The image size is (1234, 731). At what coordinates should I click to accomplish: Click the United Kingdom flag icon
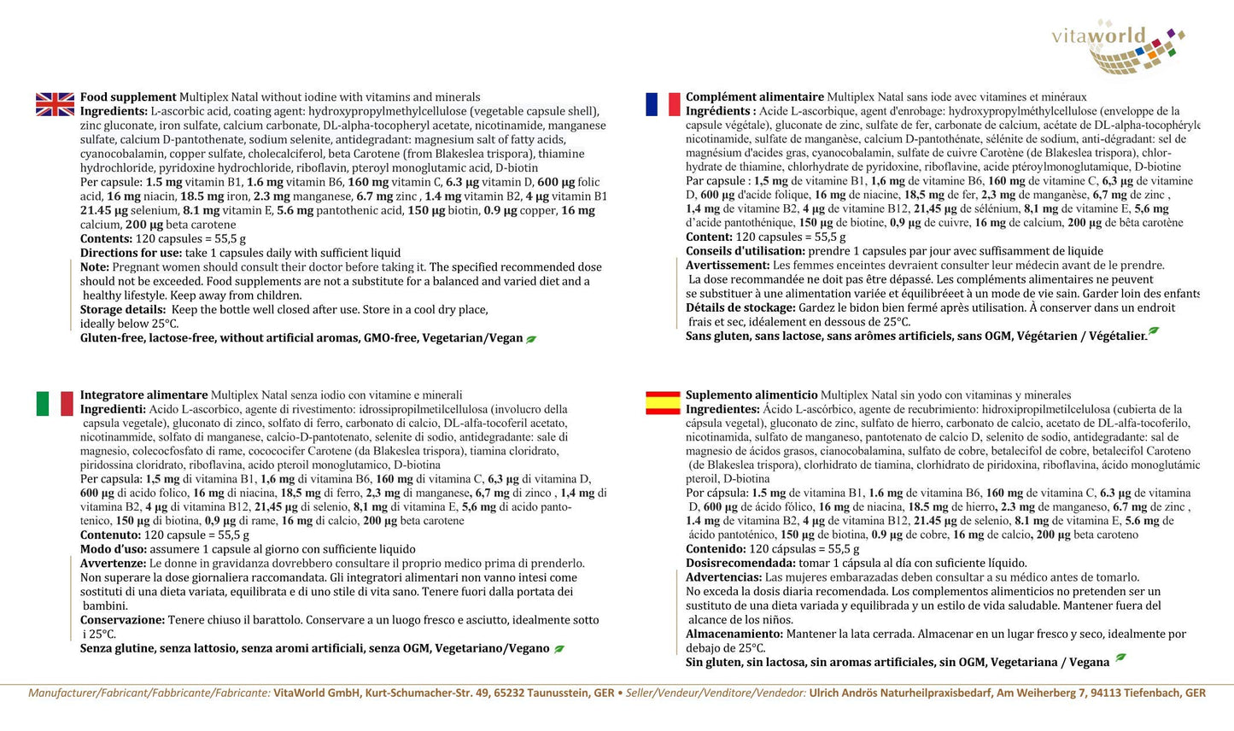coord(55,104)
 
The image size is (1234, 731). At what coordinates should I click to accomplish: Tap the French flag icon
coord(663,104)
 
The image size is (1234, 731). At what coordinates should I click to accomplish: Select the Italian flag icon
coord(55,403)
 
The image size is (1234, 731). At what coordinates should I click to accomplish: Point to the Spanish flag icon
coord(663,402)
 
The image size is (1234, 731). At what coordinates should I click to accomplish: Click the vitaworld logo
coord(1119,46)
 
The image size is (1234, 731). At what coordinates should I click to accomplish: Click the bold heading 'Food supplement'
coord(128,97)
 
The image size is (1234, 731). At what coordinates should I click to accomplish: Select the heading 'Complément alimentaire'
coord(754,97)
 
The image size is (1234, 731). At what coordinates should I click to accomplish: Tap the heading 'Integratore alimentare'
coord(143,395)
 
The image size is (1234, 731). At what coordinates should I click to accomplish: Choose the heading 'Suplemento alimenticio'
coord(752,395)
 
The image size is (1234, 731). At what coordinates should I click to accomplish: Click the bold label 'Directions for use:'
coord(131,253)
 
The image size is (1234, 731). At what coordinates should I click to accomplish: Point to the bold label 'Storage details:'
coord(123,310)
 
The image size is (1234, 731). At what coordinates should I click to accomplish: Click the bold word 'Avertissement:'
coord(728,266)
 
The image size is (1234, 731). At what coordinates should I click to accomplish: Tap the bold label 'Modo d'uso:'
coord(114,550)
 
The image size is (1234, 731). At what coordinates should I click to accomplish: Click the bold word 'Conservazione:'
coord(122,620)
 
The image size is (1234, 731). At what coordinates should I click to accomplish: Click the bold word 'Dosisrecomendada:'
coord(740,564)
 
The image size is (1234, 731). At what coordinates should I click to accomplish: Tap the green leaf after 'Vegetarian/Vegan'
coord(531,339)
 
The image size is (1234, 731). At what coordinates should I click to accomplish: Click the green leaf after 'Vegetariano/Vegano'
coord(559,649)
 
